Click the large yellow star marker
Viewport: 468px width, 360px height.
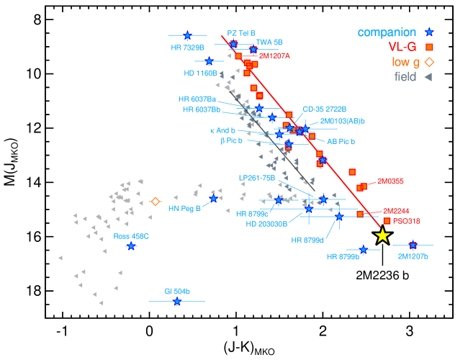point(382,235)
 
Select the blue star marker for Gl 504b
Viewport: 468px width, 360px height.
point(177,302)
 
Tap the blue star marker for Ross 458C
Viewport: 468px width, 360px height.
point(131,246)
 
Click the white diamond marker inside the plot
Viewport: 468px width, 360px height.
point(155,202)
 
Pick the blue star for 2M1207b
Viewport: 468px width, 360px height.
point(413,245)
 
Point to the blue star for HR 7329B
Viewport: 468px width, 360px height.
point(187,35)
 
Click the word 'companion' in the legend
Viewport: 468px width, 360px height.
point(387,32)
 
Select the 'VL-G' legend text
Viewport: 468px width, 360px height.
point(402,47)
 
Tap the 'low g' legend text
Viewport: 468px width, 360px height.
point(405,62)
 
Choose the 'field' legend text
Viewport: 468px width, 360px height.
point(405,76)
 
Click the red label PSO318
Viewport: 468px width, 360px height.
point(407,221)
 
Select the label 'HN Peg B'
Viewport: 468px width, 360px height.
point(184,209)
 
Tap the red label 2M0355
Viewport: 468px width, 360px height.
point(390,181)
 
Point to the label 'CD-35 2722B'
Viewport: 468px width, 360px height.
point(325,109)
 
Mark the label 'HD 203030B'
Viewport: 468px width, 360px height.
point(266,224)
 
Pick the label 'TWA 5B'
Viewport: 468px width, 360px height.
point(269,42)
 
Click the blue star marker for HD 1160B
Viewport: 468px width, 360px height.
point(209,61)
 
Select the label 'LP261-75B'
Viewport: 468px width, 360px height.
point(257,177)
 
